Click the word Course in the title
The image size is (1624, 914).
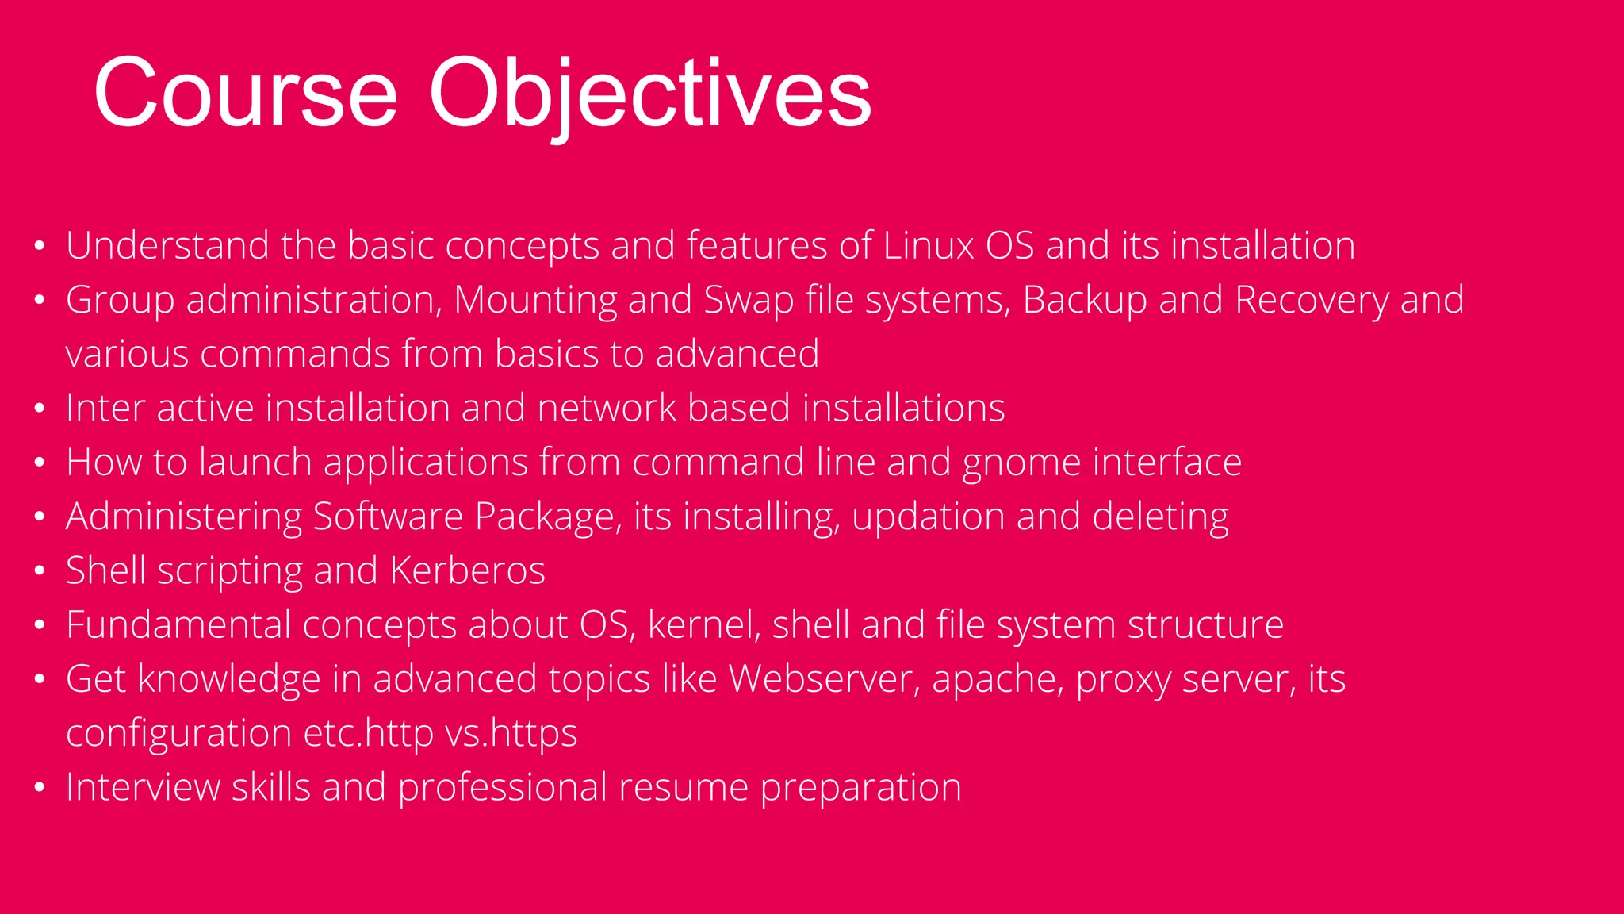point(246,94)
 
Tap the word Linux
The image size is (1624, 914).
point(928,245)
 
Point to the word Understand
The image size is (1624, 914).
point(167,245)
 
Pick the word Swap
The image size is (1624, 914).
point(749,301)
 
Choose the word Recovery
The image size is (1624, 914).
point(1312,301)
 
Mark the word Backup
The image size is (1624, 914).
point(1085,301)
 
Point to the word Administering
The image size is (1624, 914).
point(184,517)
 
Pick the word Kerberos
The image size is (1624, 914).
point(468,570)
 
